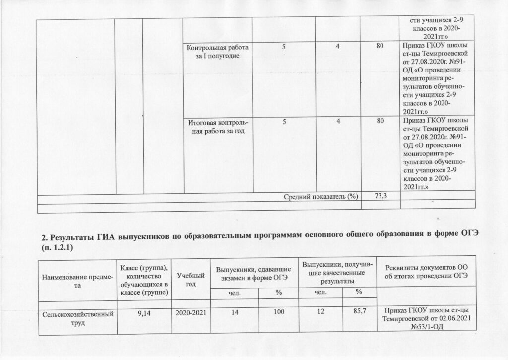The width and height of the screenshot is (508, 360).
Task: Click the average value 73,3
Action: (x=381, y=196)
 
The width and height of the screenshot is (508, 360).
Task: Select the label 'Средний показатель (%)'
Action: (x=321, y=197)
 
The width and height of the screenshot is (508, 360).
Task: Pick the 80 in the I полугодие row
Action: (x=380, y=47)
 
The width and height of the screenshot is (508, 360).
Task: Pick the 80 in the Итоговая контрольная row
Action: (x=380, y=121)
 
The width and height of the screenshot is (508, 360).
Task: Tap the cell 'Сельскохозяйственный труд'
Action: (x=74, y=318)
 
